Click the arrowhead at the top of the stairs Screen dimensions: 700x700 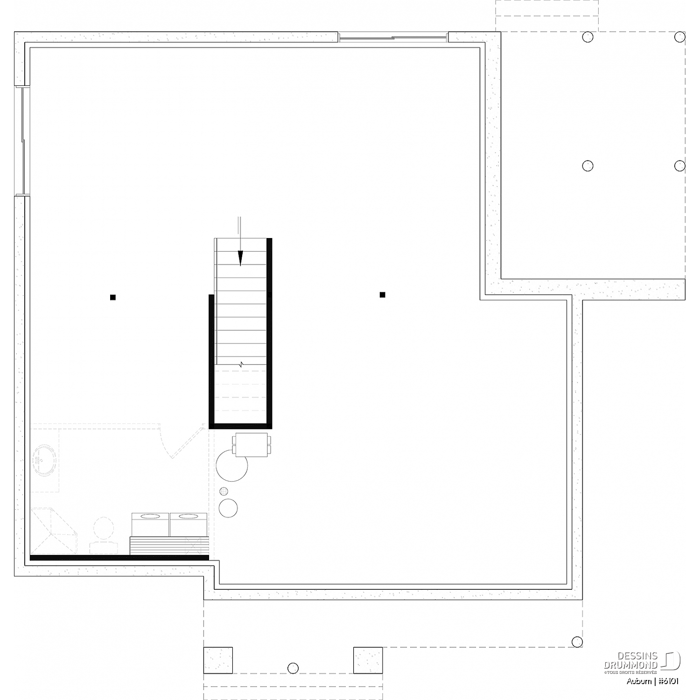coord(240,258)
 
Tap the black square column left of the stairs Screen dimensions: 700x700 coord(112,297)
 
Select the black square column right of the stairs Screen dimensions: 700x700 coord(382,294)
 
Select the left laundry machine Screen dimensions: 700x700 coord(150,525)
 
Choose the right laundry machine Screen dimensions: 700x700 coord(189,525)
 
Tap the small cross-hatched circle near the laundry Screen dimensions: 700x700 coord(224,491)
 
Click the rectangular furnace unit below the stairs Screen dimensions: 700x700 coord(252,445)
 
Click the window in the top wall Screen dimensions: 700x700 coord(393,37)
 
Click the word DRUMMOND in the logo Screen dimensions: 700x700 coord(631,665)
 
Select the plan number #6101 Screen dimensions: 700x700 coord(669,681)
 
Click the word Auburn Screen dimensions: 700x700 coord(639,681)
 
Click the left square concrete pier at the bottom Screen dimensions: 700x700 coord(218,660)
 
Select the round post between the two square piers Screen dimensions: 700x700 coord(293,668)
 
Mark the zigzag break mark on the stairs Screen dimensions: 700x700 coord(241,364)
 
